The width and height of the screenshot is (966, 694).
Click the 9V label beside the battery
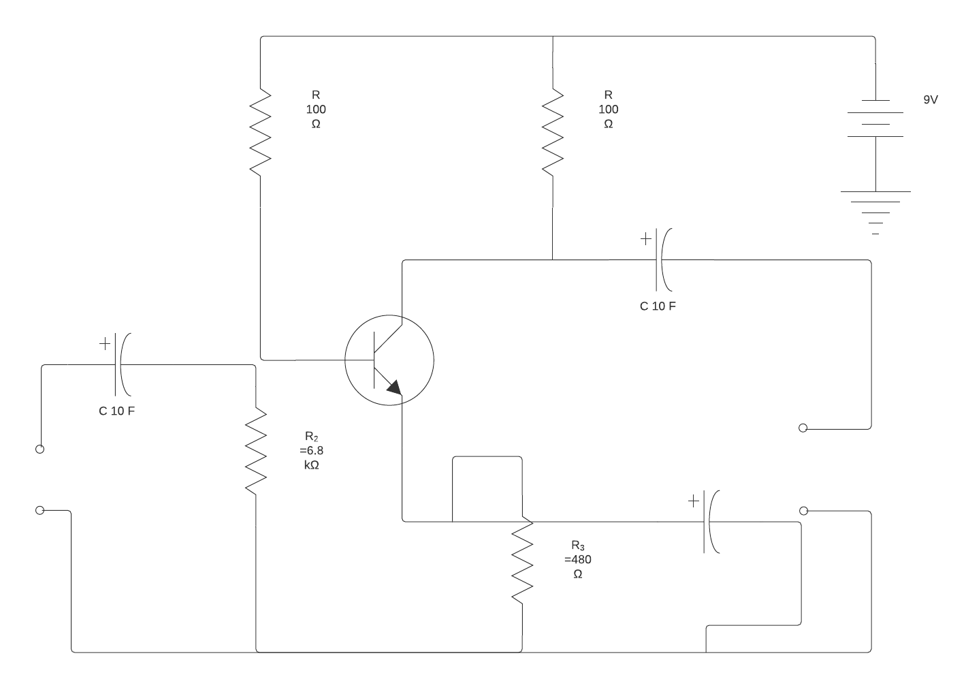coord(930,99)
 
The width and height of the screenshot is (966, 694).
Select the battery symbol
coord(875,119)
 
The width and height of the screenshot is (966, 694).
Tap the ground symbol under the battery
coord(875,212)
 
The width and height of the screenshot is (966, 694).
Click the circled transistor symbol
coord(389,360)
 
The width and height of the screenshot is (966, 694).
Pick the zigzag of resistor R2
coord(255,451)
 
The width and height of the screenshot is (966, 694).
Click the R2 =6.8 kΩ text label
coord(311,450)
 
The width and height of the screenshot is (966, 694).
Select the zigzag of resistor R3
coord(522,561)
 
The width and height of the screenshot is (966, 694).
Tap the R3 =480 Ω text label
coord(577,559)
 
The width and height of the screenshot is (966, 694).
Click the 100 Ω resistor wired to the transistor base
coord(260,131)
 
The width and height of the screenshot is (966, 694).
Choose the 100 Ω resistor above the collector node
coord(552,131)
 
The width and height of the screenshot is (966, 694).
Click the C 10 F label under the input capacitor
coord(116,411)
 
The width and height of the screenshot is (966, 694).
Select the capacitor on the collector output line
coord(662,259)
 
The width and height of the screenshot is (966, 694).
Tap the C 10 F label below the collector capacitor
coord(658,306)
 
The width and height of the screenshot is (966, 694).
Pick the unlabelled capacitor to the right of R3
coord(709,522)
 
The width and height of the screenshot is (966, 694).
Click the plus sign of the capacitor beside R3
coord(693,501)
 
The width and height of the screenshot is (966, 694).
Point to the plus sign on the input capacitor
coord(104,344)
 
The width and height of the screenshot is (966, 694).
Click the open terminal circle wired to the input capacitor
coord(40,449)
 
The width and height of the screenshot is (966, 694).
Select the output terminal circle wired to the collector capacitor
coord(803,428)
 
